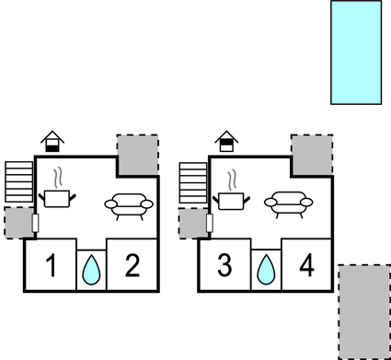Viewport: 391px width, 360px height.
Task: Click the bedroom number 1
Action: (x=52, y=268)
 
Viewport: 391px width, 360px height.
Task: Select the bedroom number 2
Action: (x=132, y=268)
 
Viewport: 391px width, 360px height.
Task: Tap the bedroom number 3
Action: (x=224, y=268)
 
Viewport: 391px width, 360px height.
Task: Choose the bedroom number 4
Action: (x=306, y=268)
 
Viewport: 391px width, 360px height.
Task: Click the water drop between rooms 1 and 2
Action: (x=91, y=270)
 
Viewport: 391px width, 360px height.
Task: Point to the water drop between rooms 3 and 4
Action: (x=265, y=270)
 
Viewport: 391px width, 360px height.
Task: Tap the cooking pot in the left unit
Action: (x=60, y=197)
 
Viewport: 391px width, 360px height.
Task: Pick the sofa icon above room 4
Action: (x=289, y=203)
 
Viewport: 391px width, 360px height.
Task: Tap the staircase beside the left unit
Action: (x=18, y=181)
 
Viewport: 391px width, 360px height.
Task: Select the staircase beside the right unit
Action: (x=193, y=181)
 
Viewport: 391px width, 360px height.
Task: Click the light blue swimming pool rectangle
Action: (x=355, y=51)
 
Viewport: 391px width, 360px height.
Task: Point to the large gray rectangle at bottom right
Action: (x=364, y=311)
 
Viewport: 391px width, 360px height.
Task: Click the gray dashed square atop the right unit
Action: (x=312, y=152)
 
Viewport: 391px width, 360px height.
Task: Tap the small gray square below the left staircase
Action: (x=17, y=223)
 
